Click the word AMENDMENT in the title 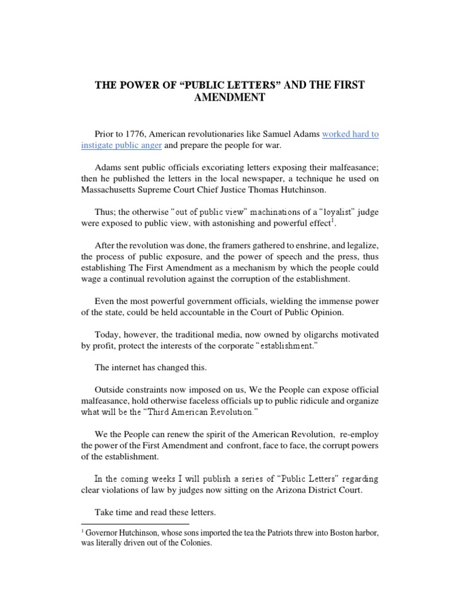pos(230,98)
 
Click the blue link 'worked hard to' pos(350,135)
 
